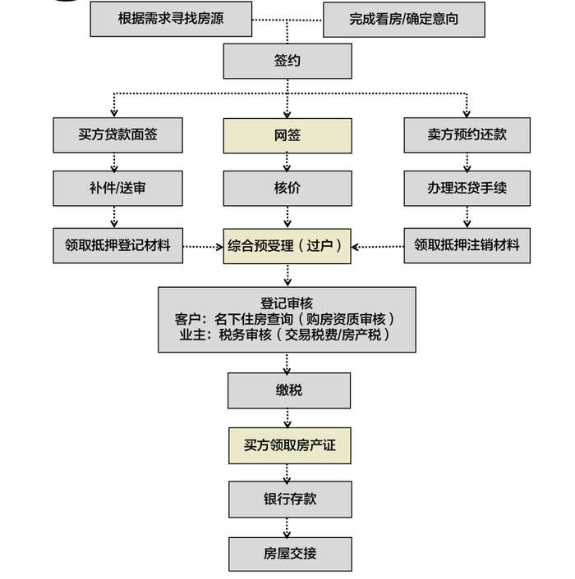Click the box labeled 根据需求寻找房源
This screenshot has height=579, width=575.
click(171, 19)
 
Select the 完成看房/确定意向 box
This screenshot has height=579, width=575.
click(403, 19)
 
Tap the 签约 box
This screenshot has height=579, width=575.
click(287, 61)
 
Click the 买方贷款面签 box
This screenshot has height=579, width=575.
click(118, 135)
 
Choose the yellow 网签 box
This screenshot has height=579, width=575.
click(287, 135)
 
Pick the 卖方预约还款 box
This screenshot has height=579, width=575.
click(467, 135)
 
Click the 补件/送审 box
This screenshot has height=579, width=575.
click(118, 189)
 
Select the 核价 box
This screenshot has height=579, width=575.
click(287, 189)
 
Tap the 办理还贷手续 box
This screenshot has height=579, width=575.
click(467, 189)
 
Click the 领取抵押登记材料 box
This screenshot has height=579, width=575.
click(118, 245)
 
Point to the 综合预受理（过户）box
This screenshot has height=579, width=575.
click(287, 245)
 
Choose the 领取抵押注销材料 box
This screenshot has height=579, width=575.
click(467, 245)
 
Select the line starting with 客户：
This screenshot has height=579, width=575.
click(287, 319)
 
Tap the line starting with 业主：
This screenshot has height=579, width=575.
click(287, 335)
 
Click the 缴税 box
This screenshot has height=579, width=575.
click(289, 390)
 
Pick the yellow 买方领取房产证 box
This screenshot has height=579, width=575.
click(289, 447)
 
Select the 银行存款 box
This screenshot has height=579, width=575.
click(290, 499)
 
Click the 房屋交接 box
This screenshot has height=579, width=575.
click(290, 554)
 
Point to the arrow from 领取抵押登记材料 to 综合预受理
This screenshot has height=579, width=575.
click(203, 246)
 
